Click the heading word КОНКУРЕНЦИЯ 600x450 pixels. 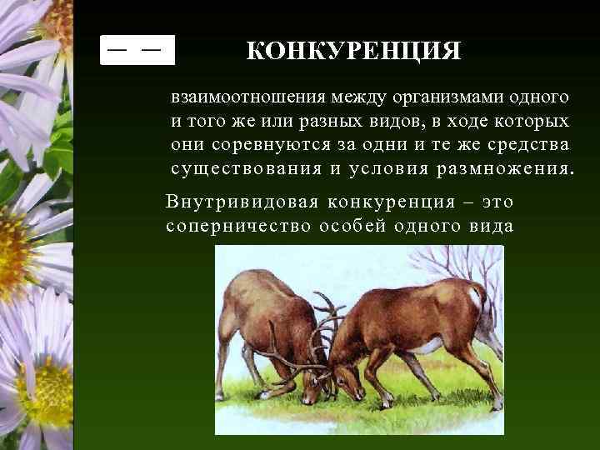pyautogui.click(x=353, y=52)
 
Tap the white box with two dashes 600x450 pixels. pyautogui.click(x=137, y=50)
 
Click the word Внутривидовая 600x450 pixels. pyautogui.click(x=242, y=202)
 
